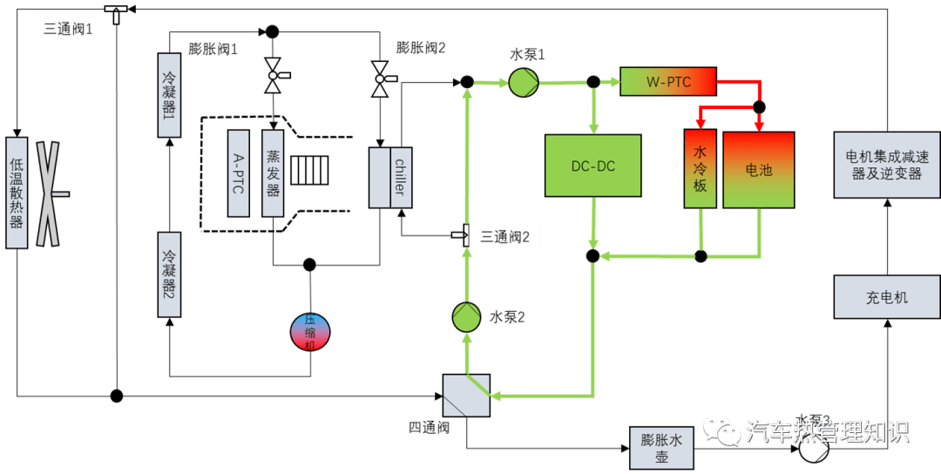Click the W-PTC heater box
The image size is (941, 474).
(x=668, y=82)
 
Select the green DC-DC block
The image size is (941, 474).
(x=592, y=166)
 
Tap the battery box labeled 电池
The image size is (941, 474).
(x=759, y=170)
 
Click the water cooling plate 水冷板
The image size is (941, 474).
(x=701, y=169)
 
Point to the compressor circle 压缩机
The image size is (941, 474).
(x=310, y=332)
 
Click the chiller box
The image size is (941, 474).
(x=390, y=178)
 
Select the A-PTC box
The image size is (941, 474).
(x=239, y=173)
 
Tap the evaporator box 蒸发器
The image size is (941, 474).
(x=273, y=173)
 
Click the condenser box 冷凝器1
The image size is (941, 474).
(x=169, y=95)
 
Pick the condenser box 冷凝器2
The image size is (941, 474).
(x=169, y=274)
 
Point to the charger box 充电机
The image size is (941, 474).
(x=886, y=297)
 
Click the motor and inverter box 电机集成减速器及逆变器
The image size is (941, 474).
(x=886, y=165)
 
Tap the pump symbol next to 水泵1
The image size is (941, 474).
(x=524, y=83)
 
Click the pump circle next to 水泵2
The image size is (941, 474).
(x=466, y=317)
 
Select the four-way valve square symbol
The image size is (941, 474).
(x=466, y=396)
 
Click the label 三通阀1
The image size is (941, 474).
(x=69, y=30)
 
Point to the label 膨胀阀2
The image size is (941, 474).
(x=421, y=48)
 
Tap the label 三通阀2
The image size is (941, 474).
(x=505, y=236)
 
